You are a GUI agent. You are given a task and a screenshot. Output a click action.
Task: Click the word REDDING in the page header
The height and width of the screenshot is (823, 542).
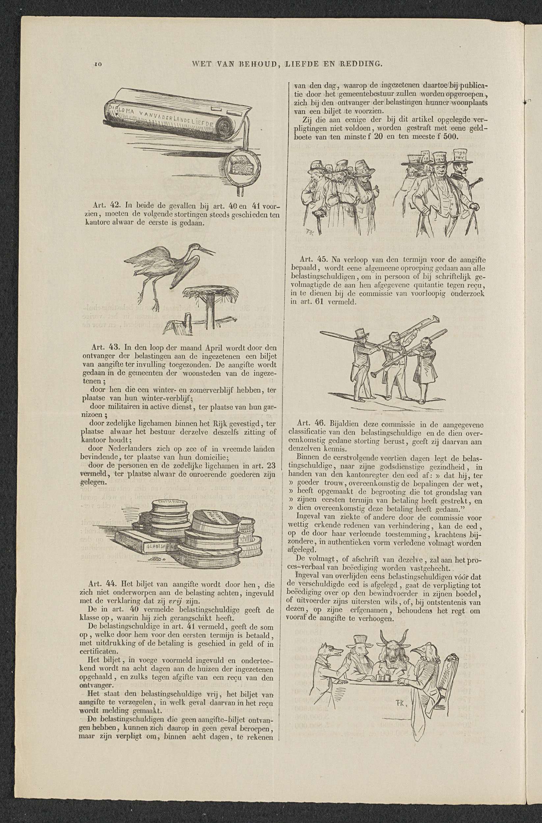[x=361, y=64]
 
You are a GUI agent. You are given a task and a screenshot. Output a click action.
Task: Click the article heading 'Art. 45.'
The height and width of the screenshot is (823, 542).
[x=311, y=259]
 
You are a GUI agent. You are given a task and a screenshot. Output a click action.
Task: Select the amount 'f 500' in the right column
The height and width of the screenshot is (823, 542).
[x=448, y=137]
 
